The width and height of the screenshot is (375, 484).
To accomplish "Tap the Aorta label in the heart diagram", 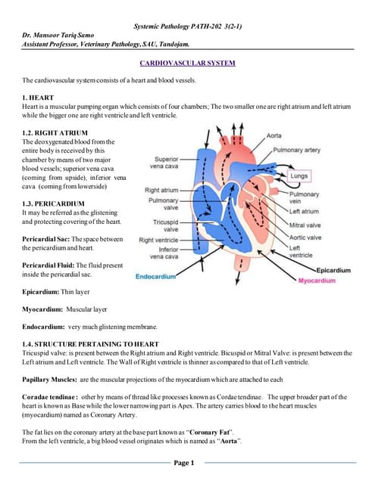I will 274,135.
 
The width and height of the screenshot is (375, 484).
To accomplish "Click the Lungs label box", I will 300,175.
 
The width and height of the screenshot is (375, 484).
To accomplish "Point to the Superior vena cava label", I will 166,163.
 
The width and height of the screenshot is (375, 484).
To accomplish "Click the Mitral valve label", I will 305,225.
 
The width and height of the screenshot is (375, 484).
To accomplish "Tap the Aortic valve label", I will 305,237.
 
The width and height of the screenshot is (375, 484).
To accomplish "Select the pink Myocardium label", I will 316,281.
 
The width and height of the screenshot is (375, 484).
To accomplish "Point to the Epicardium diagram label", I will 333,270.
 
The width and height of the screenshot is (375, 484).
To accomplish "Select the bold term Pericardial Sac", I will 48,239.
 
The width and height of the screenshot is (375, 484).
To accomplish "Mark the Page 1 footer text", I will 185,462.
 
